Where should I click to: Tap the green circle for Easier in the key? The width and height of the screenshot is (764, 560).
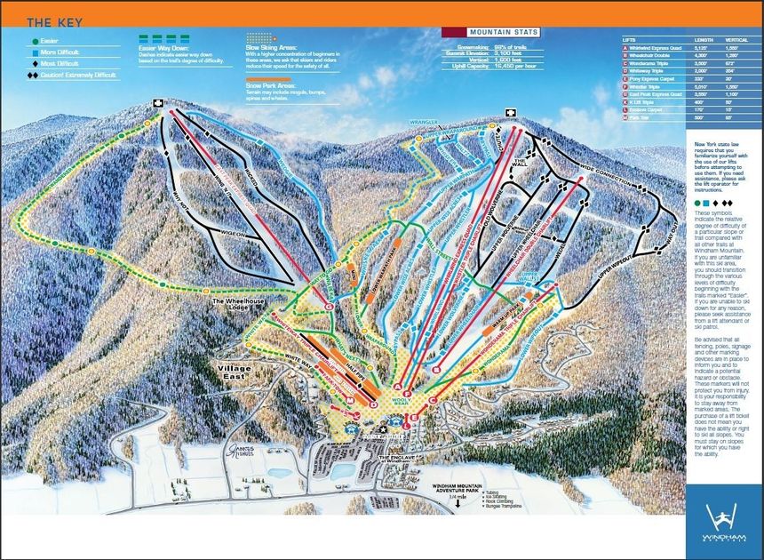point(33,41)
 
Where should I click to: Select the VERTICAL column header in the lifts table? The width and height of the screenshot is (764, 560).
point(736,40)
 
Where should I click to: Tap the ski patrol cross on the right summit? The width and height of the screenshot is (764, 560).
point(511,113)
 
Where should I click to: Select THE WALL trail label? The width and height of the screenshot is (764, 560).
point(523,163)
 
